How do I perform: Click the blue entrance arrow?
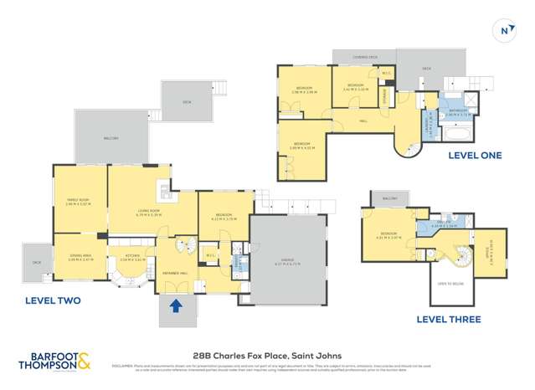pos(175,306)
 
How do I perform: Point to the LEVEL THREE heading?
pos(445,319)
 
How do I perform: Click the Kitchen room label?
pos(132,258)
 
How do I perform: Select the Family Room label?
pos(78,200)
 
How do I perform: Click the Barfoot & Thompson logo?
pos(55,362)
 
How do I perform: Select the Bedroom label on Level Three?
pos(388,234)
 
